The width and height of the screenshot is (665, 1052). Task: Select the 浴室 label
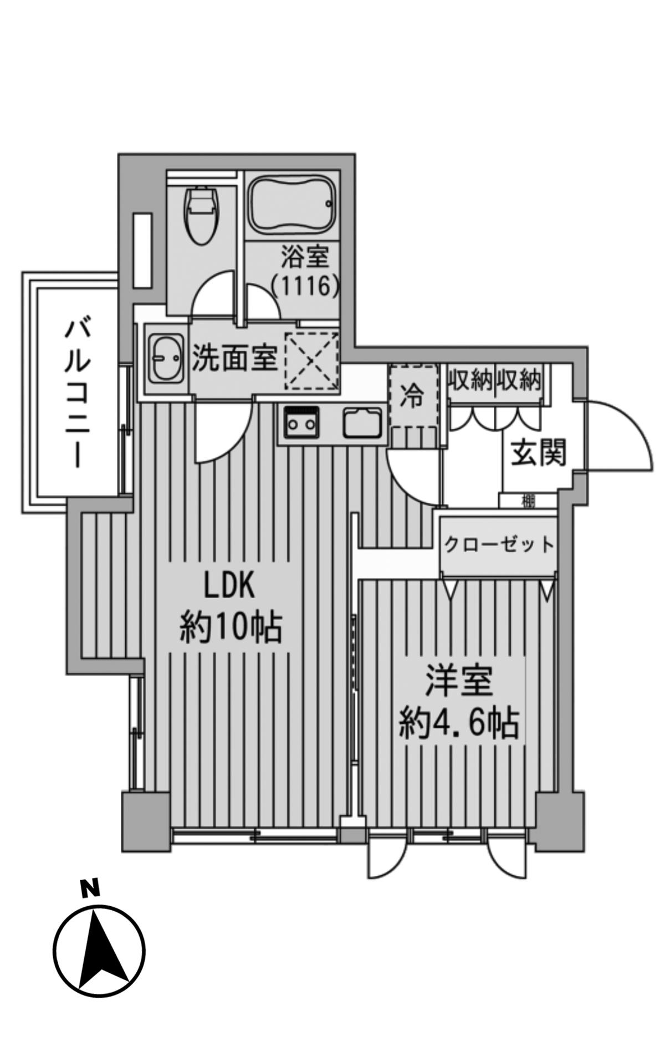(x=305, y=257)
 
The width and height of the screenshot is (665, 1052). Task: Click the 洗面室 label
(x=234, y=358)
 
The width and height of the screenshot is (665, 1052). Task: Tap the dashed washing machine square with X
(x=311, y=359)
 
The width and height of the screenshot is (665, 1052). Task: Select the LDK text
(x=229, y=586)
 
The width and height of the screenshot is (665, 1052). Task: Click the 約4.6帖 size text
(x=459, y=722)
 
